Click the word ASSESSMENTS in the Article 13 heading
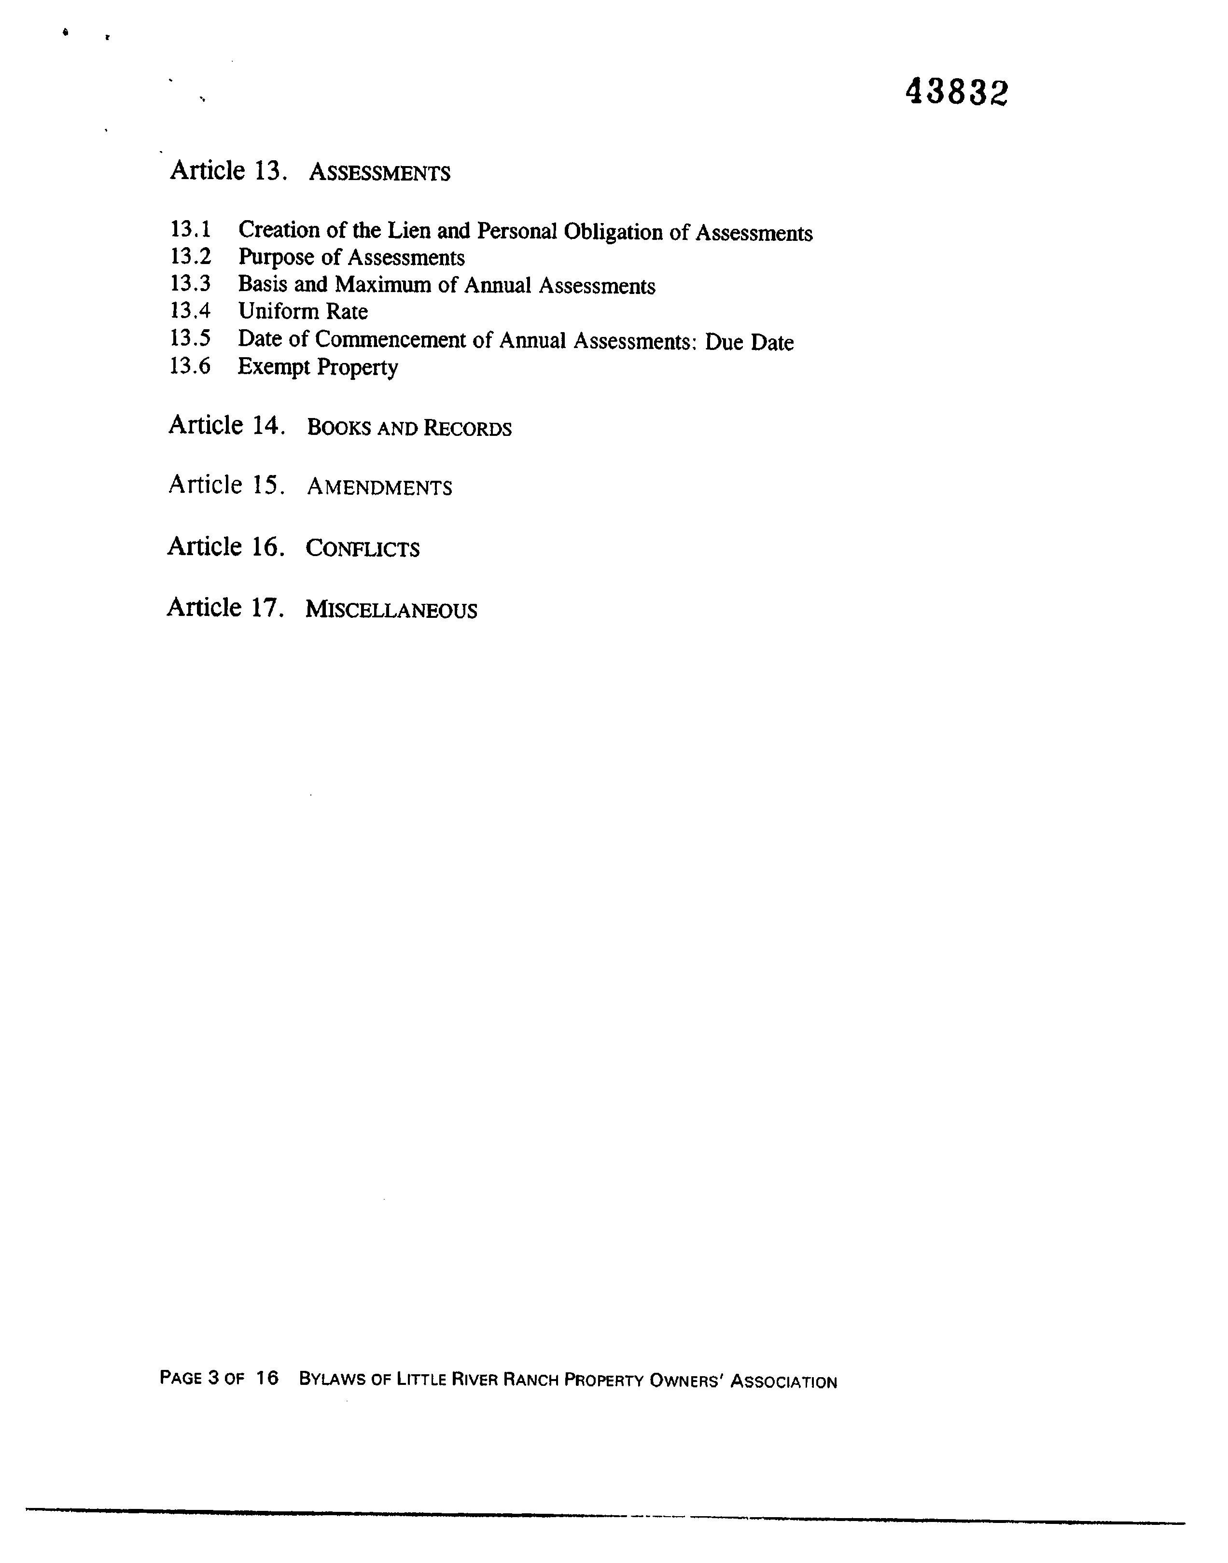click(x=379, y=173)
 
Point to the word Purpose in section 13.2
click(x=276, y=257)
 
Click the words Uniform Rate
click(x=303, y=311)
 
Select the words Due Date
click(x=749, y=342)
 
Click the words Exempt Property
click(x=318, y=367)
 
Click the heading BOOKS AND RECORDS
click(x=409, y=429)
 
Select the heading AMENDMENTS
click(x=379, y=488)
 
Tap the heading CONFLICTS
click(x=363, y=549)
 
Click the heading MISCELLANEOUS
click(x=391, y=611)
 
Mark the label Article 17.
click(x=225, y=608)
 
